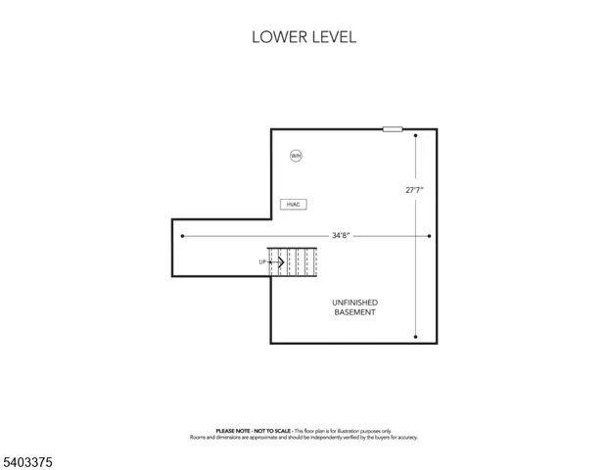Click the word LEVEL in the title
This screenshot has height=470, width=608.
[x=332, y=37]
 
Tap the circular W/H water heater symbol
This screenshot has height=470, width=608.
[x=296, y=156]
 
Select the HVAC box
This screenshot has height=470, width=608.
[x=293, y=204]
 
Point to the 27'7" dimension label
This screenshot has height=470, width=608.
[x=415, y=190]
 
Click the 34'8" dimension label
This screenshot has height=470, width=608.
[x=340, y=235]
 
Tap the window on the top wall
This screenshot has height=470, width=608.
[x=393, y=128]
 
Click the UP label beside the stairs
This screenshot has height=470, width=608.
[x=262, y=262]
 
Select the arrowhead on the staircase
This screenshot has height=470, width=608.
[x=282, y=262]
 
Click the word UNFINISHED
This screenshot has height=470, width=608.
[x=355, y=303]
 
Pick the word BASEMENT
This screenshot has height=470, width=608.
[x=355, y=312]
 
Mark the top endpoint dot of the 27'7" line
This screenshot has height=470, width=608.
[x=415, y=136]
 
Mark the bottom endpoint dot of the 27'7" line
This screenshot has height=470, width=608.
[x=415, y=337]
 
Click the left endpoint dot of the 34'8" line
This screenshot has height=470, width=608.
[x=182, y=235]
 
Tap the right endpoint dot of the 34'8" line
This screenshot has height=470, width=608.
[x=429, y=235]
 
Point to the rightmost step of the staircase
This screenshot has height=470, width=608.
[x=313, y=262]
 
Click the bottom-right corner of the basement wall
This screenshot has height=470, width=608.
[x=436, y=343]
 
